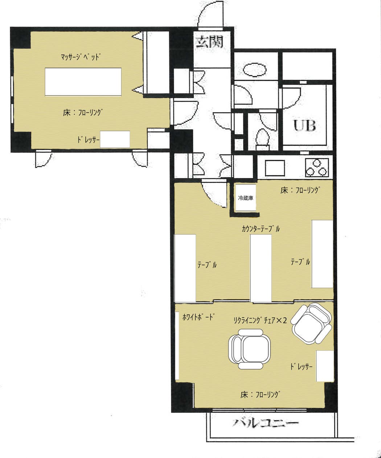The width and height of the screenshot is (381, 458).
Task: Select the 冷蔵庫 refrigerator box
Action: tap(245, 198)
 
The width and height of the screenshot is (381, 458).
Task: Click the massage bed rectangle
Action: tap(83, 81)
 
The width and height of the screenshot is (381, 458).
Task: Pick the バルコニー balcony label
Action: tap(266, 423)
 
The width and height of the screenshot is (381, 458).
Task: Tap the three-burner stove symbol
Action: tap(317, 167)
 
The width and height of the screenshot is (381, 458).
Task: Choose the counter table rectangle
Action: tap(261, 268)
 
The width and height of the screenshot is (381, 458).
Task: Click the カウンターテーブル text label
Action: tap(261, 229)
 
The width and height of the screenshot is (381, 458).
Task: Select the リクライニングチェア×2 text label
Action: tap(260, 320)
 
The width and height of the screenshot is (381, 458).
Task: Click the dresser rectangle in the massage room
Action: tap(115, 139)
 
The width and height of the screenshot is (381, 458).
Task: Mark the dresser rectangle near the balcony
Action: tap(324, 366)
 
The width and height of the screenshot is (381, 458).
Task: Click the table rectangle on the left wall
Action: tap(185, 268)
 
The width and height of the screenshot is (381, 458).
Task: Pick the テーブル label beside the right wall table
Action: tap(300, 262)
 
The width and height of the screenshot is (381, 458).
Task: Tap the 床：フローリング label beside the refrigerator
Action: tap(301, 190)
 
